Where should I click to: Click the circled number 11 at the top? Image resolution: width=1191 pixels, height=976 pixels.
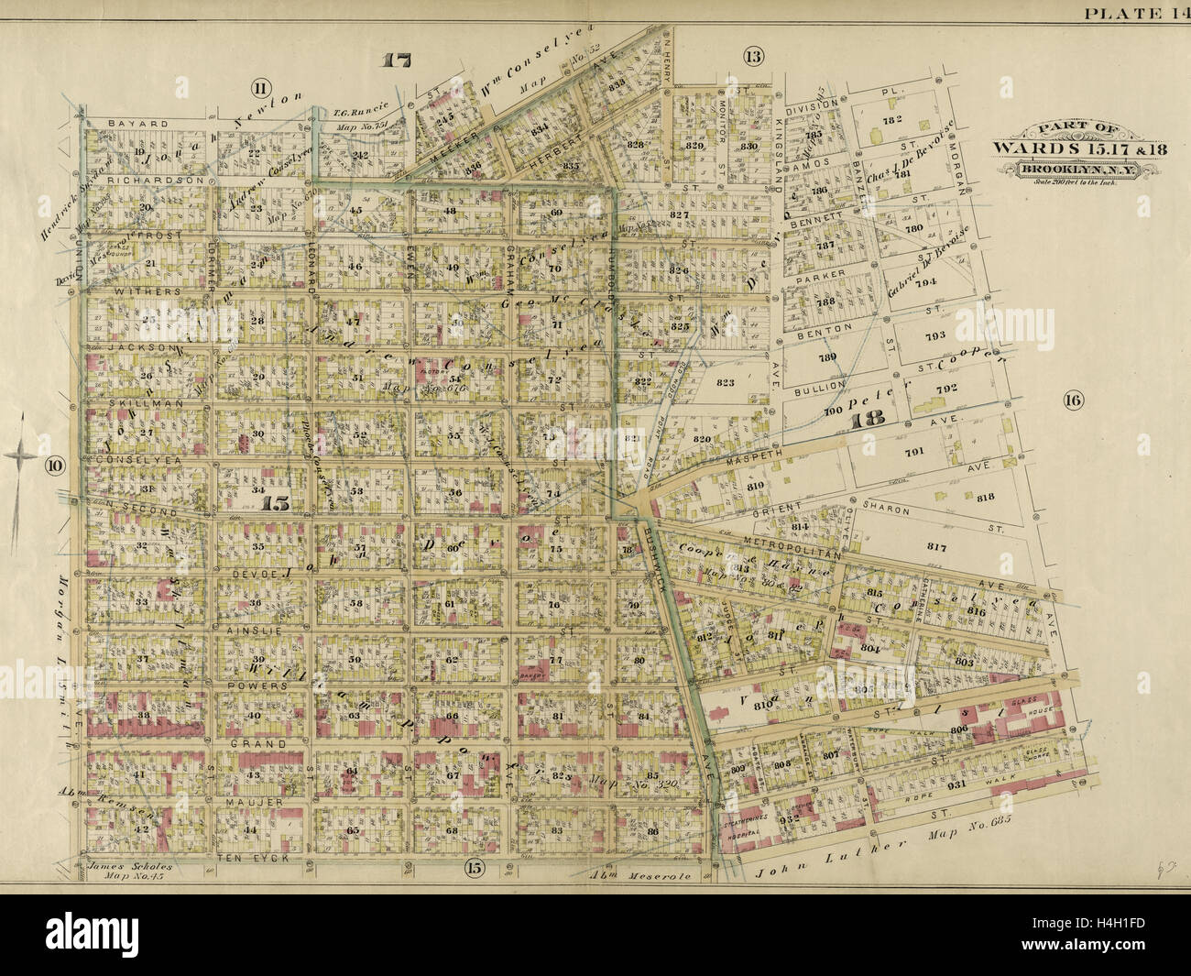tap(260, 88)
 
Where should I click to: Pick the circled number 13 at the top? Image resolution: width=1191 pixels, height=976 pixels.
tap(752, 57)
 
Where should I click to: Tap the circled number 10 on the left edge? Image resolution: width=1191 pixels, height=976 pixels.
tap(55, 466)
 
